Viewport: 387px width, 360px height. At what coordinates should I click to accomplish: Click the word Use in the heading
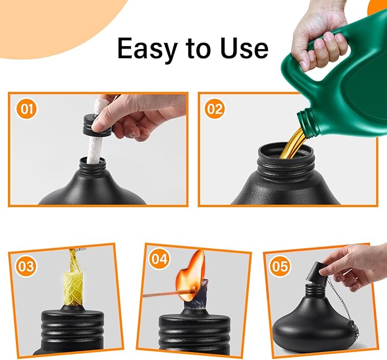click(x=243, y=49)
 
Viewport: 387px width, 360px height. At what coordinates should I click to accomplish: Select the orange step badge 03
click(x=26, y=265)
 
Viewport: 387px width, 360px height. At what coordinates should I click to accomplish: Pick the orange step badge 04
click(x=160, y=260)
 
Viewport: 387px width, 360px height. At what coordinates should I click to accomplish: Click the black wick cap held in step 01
click(x=95, y=125)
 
